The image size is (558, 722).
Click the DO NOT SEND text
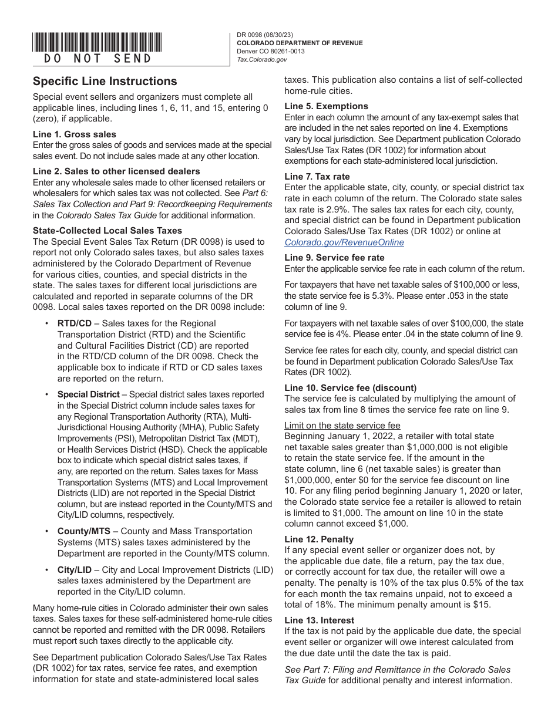98,59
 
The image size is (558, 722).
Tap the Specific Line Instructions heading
105,82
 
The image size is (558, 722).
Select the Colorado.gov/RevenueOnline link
344,242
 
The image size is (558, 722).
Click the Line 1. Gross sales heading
75,134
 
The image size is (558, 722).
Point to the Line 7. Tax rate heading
317,176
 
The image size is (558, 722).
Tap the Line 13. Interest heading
320,620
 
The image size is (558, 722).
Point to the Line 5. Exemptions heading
327,106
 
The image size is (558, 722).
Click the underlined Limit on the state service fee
342,425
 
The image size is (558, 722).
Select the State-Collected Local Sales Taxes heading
107,231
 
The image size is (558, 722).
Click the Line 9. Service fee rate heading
334,257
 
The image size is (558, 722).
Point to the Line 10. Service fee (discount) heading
350,387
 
